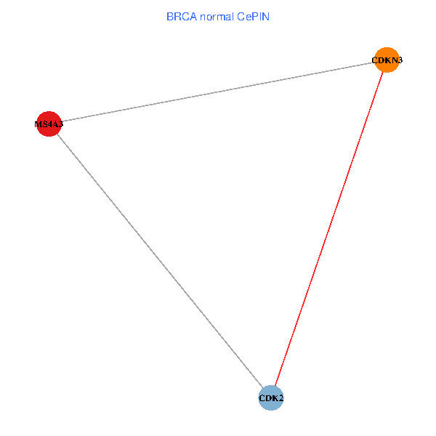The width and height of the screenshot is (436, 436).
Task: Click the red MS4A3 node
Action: pyautogui.click(x=48, y=124)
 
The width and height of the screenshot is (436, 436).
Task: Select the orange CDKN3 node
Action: pyautogui.click(x=387, y=60)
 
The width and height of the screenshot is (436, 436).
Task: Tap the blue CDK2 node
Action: pyautogui.click(x=270, y=397)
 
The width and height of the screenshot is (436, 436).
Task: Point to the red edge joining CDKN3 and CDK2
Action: pyautogui.click(x=328, y=229)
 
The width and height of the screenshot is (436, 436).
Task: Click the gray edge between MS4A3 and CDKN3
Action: pyautogui.click(x=217, y=92)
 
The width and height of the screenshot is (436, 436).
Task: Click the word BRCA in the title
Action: pyautogui.click(x=182, y=16)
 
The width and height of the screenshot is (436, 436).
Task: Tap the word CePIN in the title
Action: pyautogui.click(x=253, y=16)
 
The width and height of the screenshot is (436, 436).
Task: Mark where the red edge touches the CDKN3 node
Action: pyautogui.click(x=383, y=72)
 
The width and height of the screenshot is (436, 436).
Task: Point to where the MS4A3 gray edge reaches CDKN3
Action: pyautogui.click(x=375, y=62)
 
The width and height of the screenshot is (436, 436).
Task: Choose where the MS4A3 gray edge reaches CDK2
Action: pyautogui.click(x=262, y=388)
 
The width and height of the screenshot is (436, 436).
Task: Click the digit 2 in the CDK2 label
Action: pyautogui.click(x=280, y=398)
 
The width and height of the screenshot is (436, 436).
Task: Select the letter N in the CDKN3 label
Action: pyautogui.click(x=390, y=60)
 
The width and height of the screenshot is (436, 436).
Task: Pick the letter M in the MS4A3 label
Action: pyautogui.click(x=38, y=124)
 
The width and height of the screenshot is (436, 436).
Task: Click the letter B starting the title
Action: pyautogui.click(x=169, y=16)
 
